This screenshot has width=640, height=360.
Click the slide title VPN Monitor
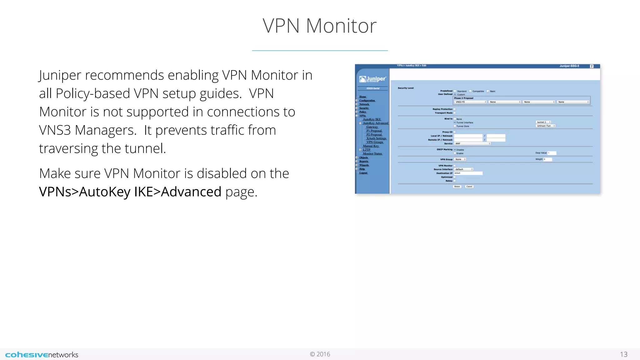(x=319, y=26)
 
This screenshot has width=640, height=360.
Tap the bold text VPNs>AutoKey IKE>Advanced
(x=130, y=192)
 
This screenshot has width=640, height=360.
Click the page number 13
(x=623, y=354)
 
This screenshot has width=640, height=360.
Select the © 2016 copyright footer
(x=320, y=354)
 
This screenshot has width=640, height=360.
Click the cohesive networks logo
(x=42, y=355)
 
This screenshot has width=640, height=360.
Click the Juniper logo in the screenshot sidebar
(x=372, y=79)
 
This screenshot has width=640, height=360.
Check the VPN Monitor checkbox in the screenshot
(x=455, y=166)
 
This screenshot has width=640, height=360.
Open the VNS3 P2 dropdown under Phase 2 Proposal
(x=470, y=102)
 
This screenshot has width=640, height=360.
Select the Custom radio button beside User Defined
(x=455, y=94)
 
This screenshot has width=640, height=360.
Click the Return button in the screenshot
(x=457, y=187)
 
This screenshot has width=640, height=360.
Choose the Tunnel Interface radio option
(x=455, y=122)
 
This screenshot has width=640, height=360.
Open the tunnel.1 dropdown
(x=543, y=122)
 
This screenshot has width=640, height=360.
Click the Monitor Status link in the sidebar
(x=372, y=154)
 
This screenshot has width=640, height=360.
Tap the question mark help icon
(x=591, y=66)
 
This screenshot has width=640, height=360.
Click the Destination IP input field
(x=468, y=173)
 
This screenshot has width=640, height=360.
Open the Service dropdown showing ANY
(x=472, y=143)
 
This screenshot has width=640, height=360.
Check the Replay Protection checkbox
(x=455, y=109)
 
